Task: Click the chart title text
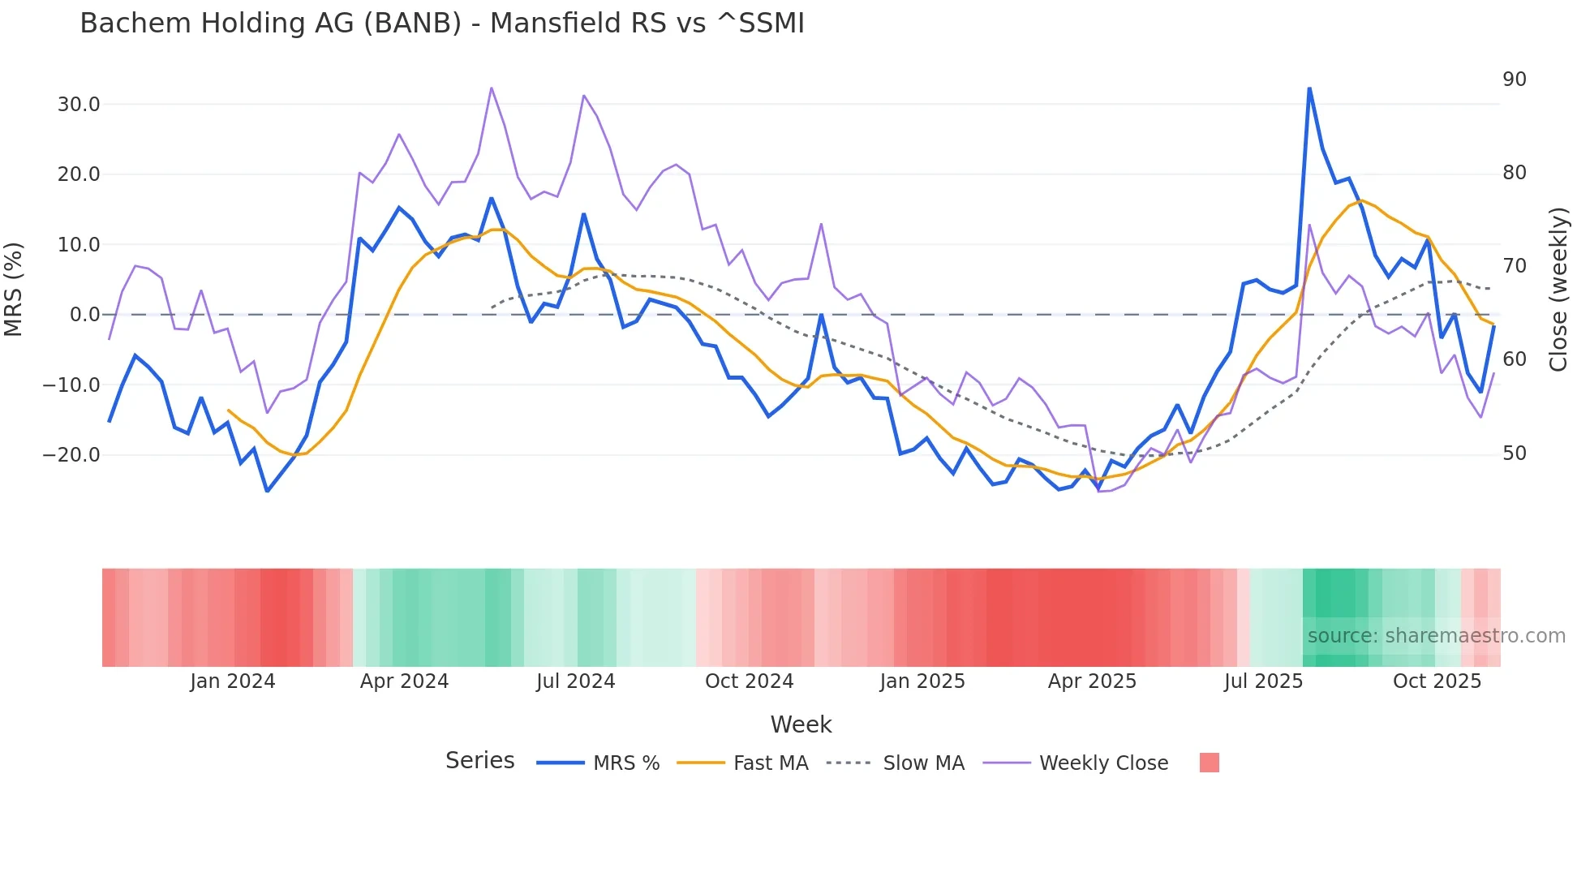(x=442, y=23)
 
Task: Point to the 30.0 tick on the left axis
(x=79, y=105)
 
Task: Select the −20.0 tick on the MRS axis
(x=71, y=455)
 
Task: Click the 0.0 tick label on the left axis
(x=84, y=315)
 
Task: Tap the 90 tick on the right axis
(x=1514, y=80)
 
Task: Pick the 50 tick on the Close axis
(x=1514, y=453)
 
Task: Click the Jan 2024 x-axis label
(x=233, y=681)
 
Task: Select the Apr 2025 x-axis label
(x=1092, y=681)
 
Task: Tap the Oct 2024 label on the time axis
(x=749, y=681)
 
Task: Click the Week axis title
(x=801, y=724)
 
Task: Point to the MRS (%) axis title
(x=14, y=290)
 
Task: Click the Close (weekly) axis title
(x=1558, y=290)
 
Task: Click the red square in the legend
(x=1209, y=763)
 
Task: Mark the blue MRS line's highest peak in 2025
(x=1309, y=88)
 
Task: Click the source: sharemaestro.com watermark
(x=1436, y=636)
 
